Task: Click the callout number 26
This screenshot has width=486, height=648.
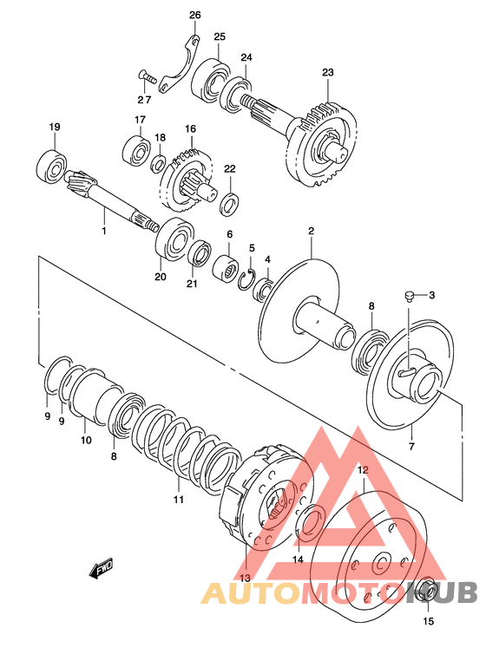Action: [x=194, y=16]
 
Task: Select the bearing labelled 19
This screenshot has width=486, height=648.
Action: [x=52, y=167]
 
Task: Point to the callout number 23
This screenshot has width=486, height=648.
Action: [x=327, y=72]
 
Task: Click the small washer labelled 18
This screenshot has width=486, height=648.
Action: [x=159, y=163]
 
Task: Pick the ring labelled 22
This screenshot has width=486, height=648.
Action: [x=230, y=203]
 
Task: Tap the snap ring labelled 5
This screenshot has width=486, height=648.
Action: [x=248, y=279]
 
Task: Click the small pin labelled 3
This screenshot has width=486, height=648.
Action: [x=409, y=296]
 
